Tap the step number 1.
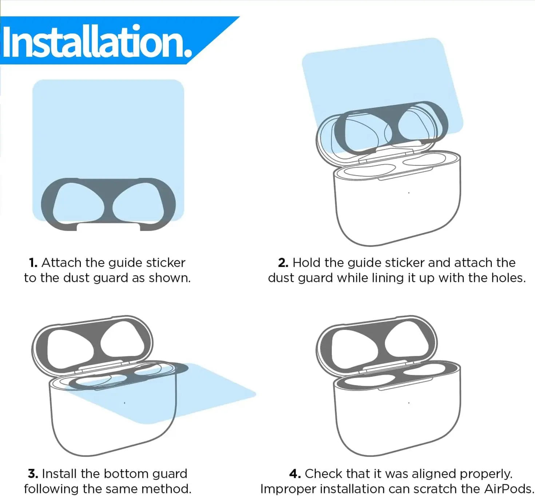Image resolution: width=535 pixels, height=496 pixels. coord(33,263)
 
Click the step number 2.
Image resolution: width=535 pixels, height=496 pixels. coord(283,263)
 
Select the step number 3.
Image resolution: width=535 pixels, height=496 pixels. coord(33,474)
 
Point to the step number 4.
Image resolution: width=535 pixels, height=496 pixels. coord(295,474)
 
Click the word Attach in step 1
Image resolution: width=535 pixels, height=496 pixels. coord(62,263)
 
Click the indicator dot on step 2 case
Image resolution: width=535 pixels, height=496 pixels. coord(409,193)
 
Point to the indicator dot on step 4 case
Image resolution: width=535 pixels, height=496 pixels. coord(409,403)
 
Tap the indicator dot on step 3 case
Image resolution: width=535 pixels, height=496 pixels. coord(124,403)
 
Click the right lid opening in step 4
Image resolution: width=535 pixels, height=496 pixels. coord(407,340)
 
